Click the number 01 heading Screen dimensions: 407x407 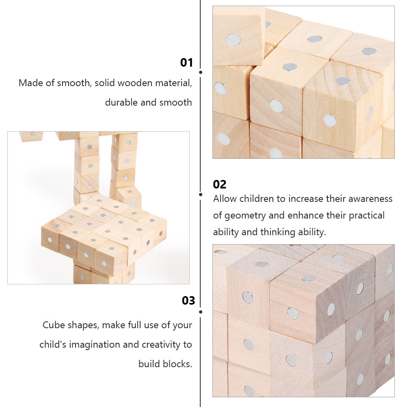click(x=186, y=63)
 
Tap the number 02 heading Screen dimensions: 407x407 click(x=220, y=184)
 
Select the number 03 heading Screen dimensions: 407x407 click(x=188, y=301)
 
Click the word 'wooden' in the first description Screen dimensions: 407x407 click(x=136, y=83)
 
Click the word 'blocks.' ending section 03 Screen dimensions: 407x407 click(x=165, y=364)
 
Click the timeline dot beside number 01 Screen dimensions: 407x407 click(x=201, y=72)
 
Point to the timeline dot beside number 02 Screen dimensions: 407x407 click(x=201, y=195)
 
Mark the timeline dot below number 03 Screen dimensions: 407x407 click(x=201, y=312)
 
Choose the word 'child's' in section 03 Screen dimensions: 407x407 click(x=53, y=345)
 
